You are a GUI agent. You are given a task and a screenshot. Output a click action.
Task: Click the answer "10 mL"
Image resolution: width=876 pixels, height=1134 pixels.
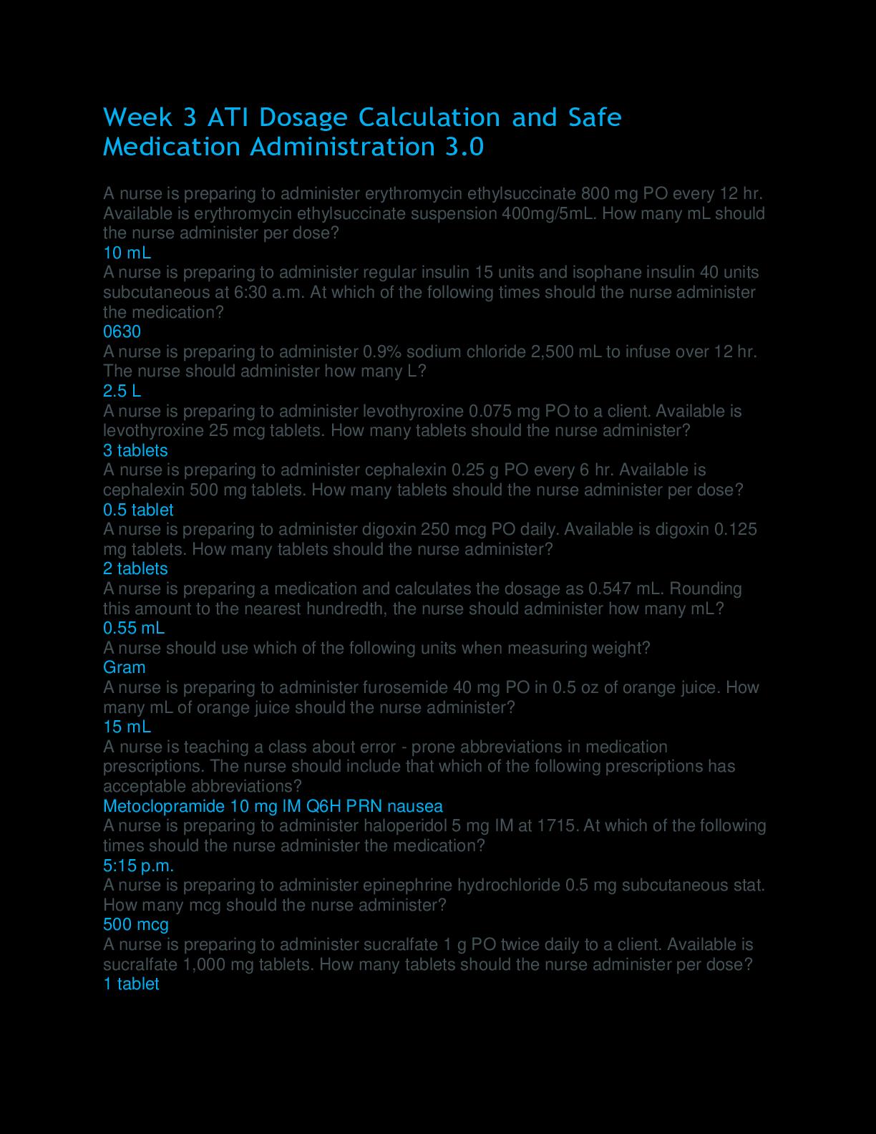127,253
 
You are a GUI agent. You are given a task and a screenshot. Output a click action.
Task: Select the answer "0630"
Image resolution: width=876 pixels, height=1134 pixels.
122,331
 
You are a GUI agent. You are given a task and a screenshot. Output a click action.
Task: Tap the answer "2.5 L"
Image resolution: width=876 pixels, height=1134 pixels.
122,391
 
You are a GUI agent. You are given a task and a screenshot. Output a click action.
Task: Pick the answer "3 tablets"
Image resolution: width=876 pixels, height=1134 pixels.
135,450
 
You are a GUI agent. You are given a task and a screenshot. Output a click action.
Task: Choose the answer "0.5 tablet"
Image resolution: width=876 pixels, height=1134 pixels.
138,510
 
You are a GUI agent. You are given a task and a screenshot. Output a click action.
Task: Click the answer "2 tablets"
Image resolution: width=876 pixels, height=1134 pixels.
135,568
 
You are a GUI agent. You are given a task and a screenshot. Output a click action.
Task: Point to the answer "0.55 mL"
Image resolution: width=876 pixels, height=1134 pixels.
134,628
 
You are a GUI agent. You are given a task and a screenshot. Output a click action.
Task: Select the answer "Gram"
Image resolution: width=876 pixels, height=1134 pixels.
124,667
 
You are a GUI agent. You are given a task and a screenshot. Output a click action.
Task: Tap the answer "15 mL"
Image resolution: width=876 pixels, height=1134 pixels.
127,727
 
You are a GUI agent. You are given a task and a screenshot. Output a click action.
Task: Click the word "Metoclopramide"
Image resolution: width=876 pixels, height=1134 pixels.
164,806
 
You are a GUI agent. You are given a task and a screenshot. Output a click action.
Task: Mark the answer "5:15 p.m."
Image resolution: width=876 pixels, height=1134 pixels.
138,866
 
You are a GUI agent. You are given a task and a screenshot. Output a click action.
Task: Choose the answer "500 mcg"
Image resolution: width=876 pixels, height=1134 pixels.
135,924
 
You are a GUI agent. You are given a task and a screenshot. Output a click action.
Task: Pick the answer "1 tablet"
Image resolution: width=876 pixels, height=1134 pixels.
131,984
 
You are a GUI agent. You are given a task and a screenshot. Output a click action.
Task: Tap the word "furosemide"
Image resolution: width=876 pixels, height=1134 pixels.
406,687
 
